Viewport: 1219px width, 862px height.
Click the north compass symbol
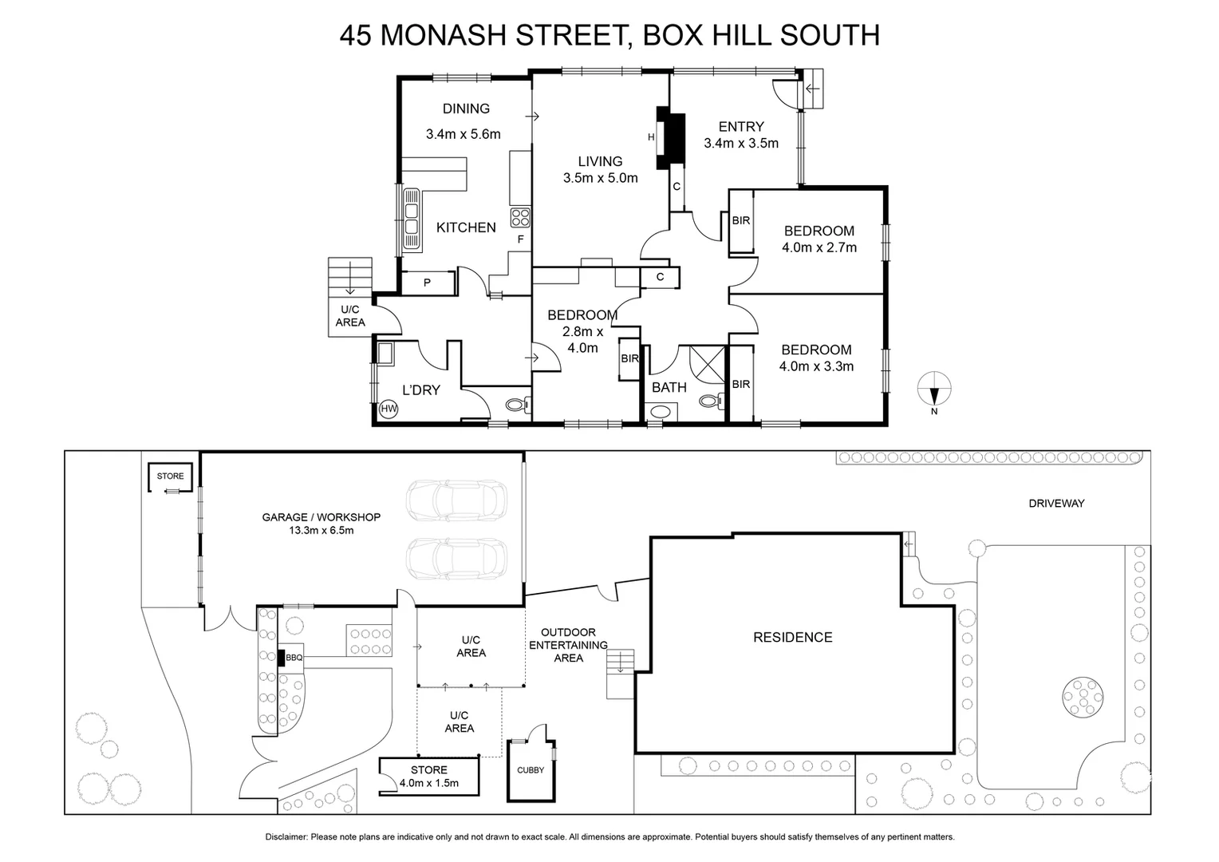pyautogui.click(x=933, y=391)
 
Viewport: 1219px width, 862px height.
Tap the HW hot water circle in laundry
pyautogui.click(x=389, y=409)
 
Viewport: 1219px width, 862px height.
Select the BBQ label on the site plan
pyautogui.click(x=294, y=658)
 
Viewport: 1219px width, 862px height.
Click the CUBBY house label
pyautogui.click(x=531, y=770)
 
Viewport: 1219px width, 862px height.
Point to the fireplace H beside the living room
pyautogui.click(x=651, y=137)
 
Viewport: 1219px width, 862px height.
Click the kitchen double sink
pyautogui.click(x=411, y=219)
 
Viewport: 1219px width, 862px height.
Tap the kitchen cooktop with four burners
pyautogui.click(x=520, y=217)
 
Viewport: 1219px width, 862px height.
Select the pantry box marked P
pyautogui.click(x=427, y=283)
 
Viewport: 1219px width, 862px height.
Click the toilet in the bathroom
pyautogui.click(x=709, y=401)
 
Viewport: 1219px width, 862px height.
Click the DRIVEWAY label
pyautogui.click(x=1056, y=504)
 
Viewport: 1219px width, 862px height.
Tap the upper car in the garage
pyautogui.click(x=456, y=500)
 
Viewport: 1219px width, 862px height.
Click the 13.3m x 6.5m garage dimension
pyautogui.click(x=321, y=530)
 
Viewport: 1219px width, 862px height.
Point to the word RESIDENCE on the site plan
pyautogui.click(x=792, y=637)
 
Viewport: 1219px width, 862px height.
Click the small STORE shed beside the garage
pyautogui.click(x=170, y=476)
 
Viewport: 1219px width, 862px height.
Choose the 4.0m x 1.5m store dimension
pyautogui.click(x=428, y=783)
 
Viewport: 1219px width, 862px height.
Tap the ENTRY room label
pyautogui.click(x=740, y=126)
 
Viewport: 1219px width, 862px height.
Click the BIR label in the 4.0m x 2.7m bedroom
pyautogui.click(x=740, y=220)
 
